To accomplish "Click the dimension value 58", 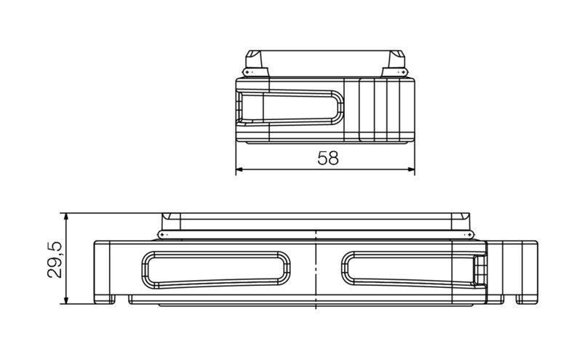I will tap(328, 158).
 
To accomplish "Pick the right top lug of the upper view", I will tap(396, 62).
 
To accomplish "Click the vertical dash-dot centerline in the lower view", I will tap(317, 269).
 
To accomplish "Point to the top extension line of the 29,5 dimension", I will tap(109, 213).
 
